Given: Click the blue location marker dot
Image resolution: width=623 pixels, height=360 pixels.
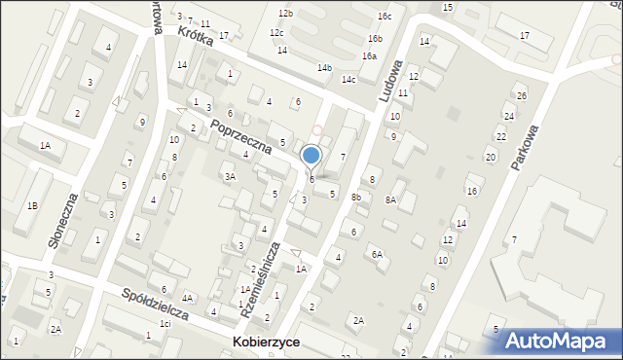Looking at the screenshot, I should (311, 155).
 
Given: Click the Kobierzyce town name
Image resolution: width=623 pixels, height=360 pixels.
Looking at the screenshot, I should (266, 343).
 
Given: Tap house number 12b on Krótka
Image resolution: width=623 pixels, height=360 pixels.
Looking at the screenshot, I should (284, 14).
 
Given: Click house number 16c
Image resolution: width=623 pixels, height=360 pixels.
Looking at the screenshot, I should (385, 17).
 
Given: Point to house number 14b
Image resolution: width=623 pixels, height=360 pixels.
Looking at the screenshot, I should (324, 67).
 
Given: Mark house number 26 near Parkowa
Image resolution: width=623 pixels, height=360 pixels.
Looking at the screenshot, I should (521, 95).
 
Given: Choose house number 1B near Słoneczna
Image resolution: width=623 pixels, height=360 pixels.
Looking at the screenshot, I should (32, 205).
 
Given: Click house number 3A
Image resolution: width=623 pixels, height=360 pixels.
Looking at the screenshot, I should (230, 176).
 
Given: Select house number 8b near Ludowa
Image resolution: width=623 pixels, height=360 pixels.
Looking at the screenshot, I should (356, 198).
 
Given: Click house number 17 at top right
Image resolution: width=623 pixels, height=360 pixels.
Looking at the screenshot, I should (525, 36).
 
